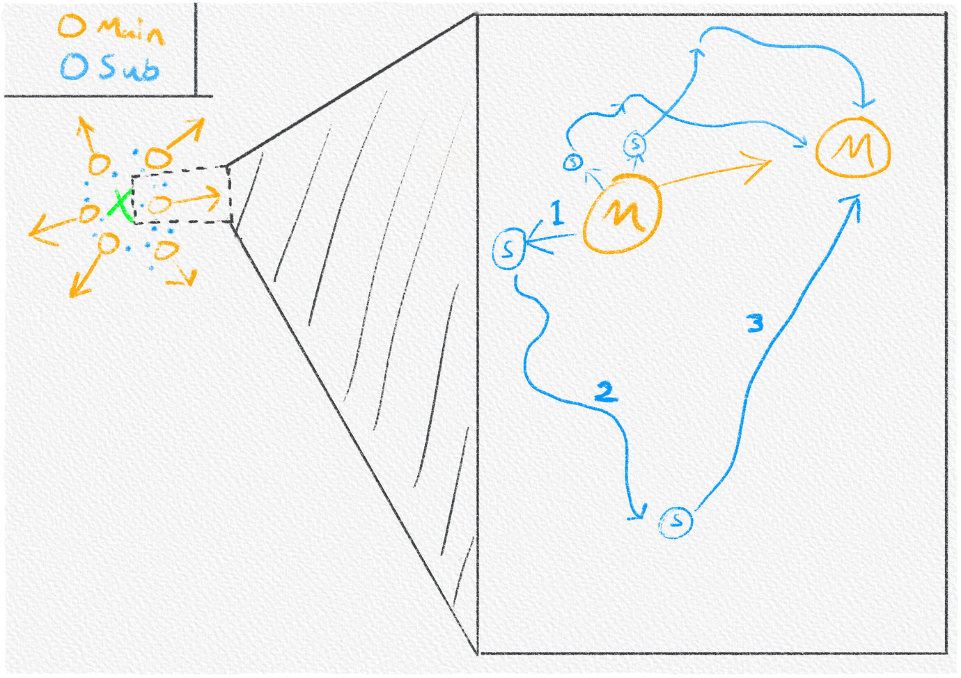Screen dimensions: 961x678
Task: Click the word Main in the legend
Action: (x=131, y=31)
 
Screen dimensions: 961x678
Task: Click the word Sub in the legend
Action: (x=130, y=68)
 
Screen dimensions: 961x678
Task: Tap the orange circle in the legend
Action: (x=72, y=26)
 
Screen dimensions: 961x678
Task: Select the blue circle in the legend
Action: (x=75, y=66)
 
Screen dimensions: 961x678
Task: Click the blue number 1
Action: (x=557, y=213)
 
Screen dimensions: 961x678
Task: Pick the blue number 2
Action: (x=606, y=392)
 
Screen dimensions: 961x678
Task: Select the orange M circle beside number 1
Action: (x=622, y=214)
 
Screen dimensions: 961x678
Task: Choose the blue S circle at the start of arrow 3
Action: (x=675, y=522)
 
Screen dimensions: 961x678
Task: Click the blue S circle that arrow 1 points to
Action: (x=509, y=249)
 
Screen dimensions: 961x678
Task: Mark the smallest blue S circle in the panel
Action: (x=573, y=162)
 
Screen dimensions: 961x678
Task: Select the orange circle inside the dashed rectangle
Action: (x=159, y=204)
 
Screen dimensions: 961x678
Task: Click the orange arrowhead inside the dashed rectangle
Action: (x=212, y=198)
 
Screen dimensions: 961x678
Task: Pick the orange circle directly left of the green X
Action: (x=89, y=213)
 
